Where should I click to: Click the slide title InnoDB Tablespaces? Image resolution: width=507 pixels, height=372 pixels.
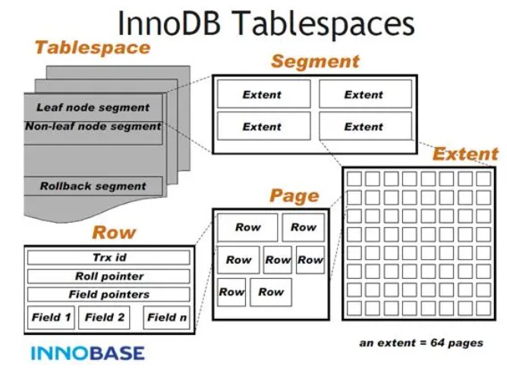pyautogui.click(x=266, y=23)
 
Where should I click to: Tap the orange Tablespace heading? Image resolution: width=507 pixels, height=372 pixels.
pyautogui.click(x=93, y=48)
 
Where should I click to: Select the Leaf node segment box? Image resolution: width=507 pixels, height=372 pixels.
pyautogui.click(x=93, y=108)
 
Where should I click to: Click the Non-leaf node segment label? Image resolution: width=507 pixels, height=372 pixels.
pyautogui.click(x=93, y=127)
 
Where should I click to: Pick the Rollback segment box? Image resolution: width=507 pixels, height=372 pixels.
pyautogui.click(x=93, y=186)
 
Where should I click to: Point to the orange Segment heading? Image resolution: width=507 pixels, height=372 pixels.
pyautogui.click(x=315, y=61)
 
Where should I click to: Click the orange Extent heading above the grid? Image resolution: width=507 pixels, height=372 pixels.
pyautogui.click(x=465, y=154)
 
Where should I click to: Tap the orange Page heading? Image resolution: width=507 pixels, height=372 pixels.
pyautogui.click(x=294, y=195)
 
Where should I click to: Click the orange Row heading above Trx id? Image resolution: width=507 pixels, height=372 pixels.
pyautogui.click(x=114, y=233)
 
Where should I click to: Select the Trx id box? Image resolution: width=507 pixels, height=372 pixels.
pyautogui.click(x=109, y=258)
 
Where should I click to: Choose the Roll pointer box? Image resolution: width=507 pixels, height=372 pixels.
pyautogui.click(x=109, y=277)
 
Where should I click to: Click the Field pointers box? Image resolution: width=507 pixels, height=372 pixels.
pyautogui.click(x=109, y=294)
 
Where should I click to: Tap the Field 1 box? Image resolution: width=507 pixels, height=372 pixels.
pyautogui.click(x=51, y=317)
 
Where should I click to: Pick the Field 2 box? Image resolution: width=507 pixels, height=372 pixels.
pyautogui.click(x=104, y=317)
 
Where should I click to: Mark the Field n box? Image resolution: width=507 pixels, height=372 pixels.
pyautogui.click(x=166, y=317)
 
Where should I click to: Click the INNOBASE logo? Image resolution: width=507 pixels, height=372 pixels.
pyautogui.click(x=87, y=353)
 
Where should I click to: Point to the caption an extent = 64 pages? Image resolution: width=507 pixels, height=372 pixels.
pyautogui.click(x=421, y=343)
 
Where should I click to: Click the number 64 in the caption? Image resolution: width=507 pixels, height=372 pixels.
pyautogui.click(x=437, y=342)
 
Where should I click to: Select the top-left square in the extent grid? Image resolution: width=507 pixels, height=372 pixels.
pyautogui.click(x=354, y=178)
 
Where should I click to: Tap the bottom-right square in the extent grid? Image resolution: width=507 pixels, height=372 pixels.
pyautogui.click(x=483, y=308)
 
